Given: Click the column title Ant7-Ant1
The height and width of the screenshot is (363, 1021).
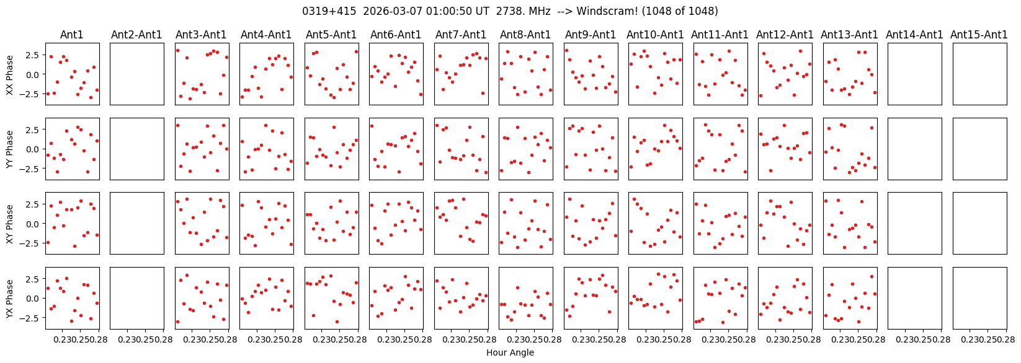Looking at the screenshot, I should click(x=460, y=35).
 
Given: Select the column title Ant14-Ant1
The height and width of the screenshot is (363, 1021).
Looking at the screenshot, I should click(x=914, y=35).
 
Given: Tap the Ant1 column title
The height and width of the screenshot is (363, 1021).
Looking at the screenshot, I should click(x=72, y=35).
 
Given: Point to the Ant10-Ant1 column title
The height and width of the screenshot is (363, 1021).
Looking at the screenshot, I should click(x=655, y=35).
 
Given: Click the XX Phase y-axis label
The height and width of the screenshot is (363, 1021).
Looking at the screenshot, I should click(x=9, y=74).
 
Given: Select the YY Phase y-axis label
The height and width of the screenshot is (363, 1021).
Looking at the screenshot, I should click(x=9, y=149).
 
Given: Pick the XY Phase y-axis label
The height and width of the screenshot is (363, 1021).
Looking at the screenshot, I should click(x=9, y=224).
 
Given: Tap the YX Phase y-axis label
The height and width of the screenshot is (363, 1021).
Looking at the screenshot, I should click(x=9, y=299).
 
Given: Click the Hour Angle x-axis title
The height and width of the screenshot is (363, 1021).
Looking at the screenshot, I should click(x=510, y=352).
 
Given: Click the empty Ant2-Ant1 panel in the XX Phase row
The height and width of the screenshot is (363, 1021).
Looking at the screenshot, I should click(x=136, y=74).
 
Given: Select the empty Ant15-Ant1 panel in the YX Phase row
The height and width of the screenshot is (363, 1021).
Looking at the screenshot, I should click(x=979, y=298).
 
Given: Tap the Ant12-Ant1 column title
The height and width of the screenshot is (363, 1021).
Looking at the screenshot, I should click(x=785, y=35).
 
